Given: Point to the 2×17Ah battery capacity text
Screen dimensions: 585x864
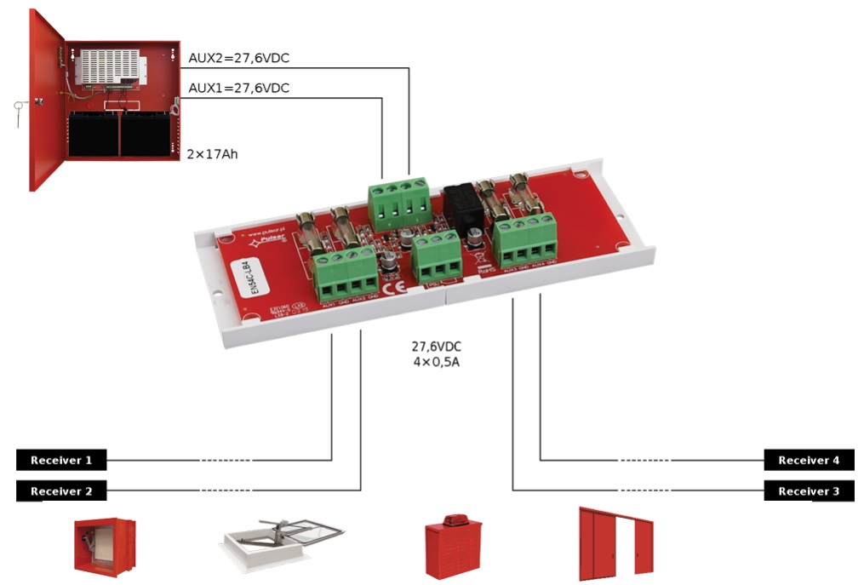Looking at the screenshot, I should tap(212, 154).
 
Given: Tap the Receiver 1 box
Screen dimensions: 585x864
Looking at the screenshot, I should tap(61, 461).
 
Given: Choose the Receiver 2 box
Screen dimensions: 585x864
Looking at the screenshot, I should tap(61, 491).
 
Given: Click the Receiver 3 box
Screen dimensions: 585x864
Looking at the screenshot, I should tap(808, 491).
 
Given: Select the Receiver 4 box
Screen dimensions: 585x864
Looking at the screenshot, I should tap(808, 461).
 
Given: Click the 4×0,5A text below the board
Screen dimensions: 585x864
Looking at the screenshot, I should tap(437, 362).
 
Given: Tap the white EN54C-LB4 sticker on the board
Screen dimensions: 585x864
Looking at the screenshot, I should tap(246, 278).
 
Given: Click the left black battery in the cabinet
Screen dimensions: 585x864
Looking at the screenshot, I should tap(94, 134).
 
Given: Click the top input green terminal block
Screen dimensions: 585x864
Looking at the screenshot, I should tap(398, 204).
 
